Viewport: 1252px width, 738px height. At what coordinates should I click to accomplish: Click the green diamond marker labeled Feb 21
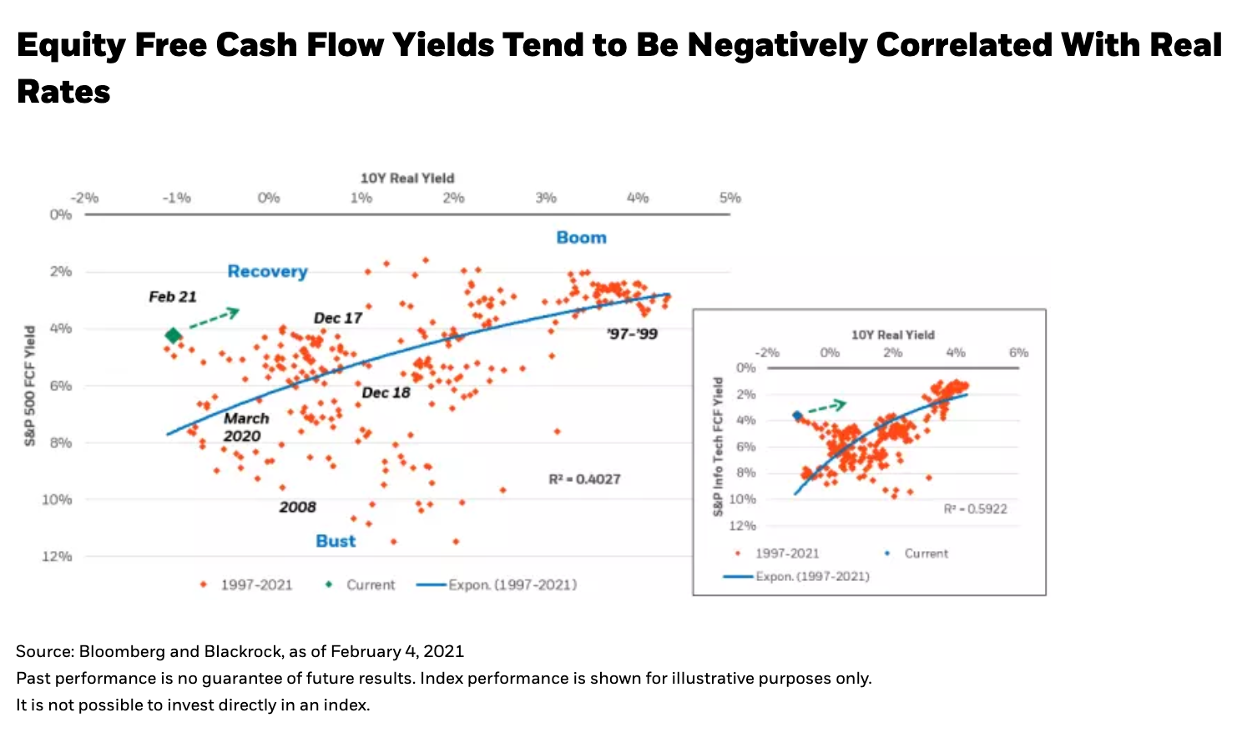tap(173, 336)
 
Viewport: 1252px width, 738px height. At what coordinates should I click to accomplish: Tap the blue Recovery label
tap(267, 271)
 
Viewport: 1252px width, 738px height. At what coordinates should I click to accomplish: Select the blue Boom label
tap(581, 237)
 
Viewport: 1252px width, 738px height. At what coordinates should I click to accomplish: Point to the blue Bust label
tap(336, 541)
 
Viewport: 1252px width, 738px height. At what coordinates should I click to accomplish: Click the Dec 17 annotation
tap(337, 318)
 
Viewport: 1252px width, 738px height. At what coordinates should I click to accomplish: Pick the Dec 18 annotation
tap(386, 392)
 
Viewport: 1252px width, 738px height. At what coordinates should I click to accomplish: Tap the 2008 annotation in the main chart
tap(297, 507)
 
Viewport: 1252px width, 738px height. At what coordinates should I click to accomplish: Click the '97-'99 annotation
tap(632, 334)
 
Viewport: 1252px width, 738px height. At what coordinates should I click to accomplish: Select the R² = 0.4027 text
tap(584, 479)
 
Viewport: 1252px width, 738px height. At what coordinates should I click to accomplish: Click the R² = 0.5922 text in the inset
tap(975, 509)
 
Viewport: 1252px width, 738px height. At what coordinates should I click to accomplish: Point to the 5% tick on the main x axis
tap(729, 198)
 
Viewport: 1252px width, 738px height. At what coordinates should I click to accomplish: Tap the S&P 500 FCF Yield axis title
tap(30, 385)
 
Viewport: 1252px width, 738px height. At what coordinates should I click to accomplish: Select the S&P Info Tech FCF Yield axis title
tap(718, 446)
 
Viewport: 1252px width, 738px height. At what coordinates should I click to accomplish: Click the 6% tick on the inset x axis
tap(1018, 352)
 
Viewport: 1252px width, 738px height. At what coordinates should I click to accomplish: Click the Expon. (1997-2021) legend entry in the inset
tap(811, 576)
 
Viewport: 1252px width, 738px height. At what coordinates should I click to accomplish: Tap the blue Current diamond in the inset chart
tap(797, 415)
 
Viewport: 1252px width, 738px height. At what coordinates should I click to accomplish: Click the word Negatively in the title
tap(776, 45)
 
